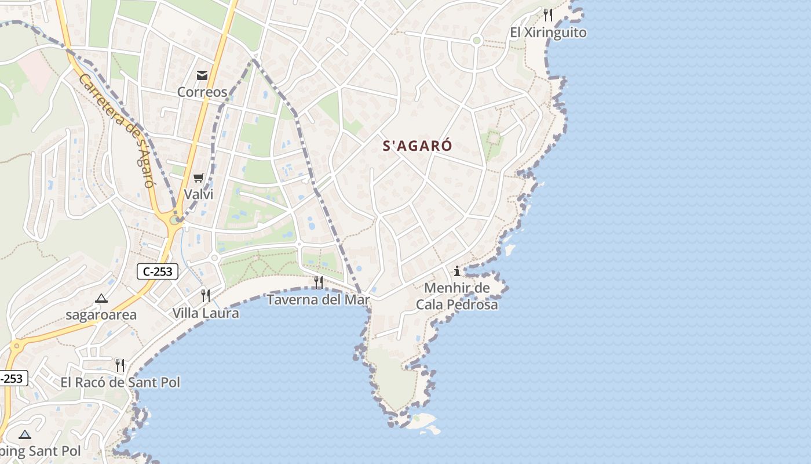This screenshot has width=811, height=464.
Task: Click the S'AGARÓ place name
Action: click(x=417, y=146)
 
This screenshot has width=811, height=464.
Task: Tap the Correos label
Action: click(x=202, y=92)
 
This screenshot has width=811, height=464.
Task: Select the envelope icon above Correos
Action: click(x=202, y=75)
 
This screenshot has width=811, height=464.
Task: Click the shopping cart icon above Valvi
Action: click(x=199, y=177)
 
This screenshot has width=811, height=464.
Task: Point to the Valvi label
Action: click(x=199, y=194)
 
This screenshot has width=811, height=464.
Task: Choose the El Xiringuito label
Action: click(x=548, y=32)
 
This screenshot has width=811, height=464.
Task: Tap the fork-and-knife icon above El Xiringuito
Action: click(x=548, y=14)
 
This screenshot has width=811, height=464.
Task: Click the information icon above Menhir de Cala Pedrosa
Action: click(x=457, y=271)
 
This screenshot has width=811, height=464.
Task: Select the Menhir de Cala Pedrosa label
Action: click(x=457, y=296)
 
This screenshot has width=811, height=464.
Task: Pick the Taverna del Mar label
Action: click(x=318, y=300)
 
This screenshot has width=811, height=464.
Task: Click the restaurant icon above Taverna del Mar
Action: click(x=318, y=282)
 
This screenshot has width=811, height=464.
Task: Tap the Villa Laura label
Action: click(x=206, y=313)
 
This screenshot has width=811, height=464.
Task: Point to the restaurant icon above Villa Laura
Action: click(x=206, y=296)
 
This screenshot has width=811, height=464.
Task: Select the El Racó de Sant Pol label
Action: click(x=120, y=383)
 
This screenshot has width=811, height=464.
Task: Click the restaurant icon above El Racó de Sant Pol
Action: click(x=120, y=365)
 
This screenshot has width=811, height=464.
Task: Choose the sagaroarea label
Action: click(x=101, y=315)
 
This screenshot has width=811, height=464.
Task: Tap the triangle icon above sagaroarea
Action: click(x=101, y=299)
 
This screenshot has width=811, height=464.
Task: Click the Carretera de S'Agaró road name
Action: click(x=116, y=130)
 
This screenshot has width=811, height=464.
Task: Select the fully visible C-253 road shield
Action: click(x=158, y=271)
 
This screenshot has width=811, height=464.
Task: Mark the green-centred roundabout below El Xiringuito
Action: click(x=477, y=40)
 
